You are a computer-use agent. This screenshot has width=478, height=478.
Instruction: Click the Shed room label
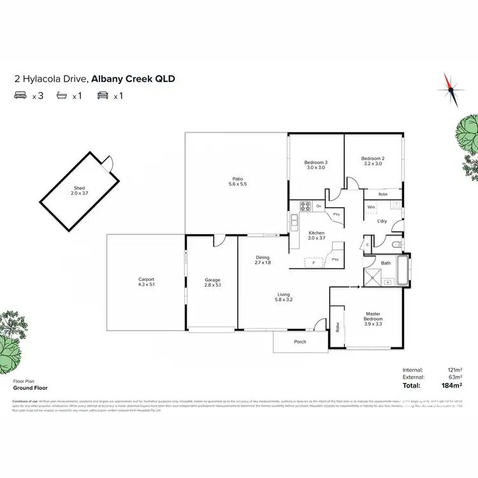[x=80, y=189]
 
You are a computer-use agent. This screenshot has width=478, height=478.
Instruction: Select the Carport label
[x=147, y=279]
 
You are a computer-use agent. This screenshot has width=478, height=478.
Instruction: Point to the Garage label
[x=212, y=280]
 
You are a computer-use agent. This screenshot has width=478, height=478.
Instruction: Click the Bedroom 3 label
[x=317, y=163]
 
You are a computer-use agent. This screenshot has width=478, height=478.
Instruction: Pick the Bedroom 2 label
[x=373, y=159]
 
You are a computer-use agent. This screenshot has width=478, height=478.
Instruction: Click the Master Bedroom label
[x=373, y=316]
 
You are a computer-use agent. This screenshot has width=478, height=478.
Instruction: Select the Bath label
[x=386, y=263]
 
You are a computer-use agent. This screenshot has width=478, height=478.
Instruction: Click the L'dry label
[x=382, y=221]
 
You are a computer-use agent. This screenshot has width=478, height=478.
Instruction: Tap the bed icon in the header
[x=20, y=96]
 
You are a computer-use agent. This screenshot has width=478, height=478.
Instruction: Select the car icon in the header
[x=101, y=96]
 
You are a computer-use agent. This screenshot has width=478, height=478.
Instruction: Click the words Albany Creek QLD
[x=133, y=79]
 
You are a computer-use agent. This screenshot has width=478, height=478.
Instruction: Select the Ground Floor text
[x=30, y=387]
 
